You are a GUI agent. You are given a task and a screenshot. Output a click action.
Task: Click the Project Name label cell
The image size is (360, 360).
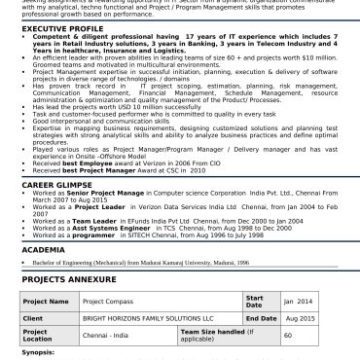point(45,302)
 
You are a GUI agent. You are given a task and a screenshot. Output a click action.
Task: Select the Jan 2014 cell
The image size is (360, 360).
point(298,302)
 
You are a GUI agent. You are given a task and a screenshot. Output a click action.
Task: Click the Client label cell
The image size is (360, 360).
point(34,317)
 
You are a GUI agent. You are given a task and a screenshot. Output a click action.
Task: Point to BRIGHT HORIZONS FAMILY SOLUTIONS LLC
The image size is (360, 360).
point(147,317)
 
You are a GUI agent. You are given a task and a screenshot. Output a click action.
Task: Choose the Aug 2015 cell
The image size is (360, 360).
point(299,317)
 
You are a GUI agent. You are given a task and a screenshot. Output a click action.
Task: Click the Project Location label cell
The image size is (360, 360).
point(39,334)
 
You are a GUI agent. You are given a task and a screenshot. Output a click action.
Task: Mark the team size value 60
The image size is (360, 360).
point(288,334)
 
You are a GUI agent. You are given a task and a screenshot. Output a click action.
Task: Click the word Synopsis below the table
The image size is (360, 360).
point(37,353)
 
